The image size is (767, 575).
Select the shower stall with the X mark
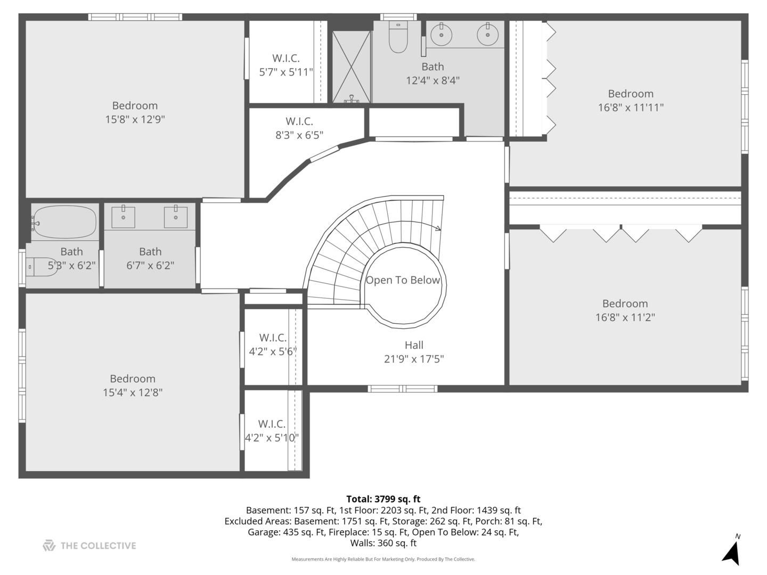click(352, 67)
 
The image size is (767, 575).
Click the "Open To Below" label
click(403, 280)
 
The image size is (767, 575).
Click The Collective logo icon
click(49, 545)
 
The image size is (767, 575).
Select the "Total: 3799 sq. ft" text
click(383, 499)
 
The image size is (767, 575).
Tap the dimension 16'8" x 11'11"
click(631, 108)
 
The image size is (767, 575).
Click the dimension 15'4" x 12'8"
click(133, 393)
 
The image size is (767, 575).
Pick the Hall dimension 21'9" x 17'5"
click(414, 359)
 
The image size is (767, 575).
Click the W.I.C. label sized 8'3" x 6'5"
click(299, 121)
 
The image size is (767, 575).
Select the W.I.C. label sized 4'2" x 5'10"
click(272, 424)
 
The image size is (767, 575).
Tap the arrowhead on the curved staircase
click(438, 229)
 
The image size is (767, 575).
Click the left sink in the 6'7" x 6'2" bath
click(123, 217)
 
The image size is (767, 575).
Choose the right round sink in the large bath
click(487, 35)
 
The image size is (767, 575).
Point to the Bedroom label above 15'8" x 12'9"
click(135, 105)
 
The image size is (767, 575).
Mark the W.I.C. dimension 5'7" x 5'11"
click(286, 72)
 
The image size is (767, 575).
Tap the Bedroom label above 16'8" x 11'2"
click(625, 303)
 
